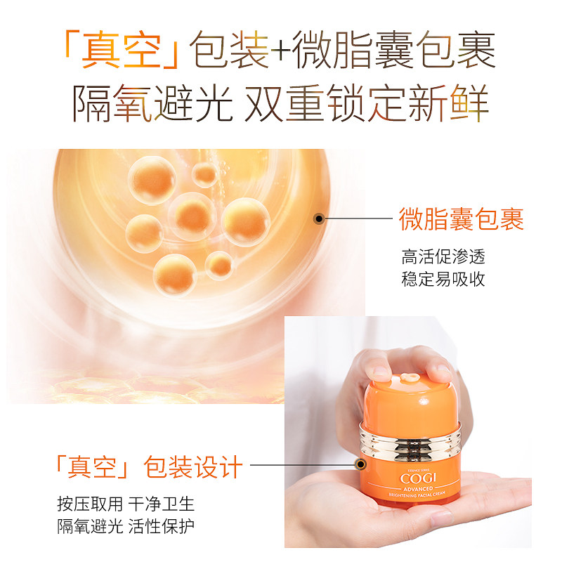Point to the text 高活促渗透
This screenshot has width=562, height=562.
click(x=443, y=256)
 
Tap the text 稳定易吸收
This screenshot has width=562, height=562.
click(x=443, y=278)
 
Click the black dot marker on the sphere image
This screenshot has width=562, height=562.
click(x=319, y=219)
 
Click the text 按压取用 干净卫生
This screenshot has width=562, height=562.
click(x=126, y=504)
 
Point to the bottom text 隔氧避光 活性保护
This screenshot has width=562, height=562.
click(x=126, y=527)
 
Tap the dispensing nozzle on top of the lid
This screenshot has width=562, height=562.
click(x=408, y=377)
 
